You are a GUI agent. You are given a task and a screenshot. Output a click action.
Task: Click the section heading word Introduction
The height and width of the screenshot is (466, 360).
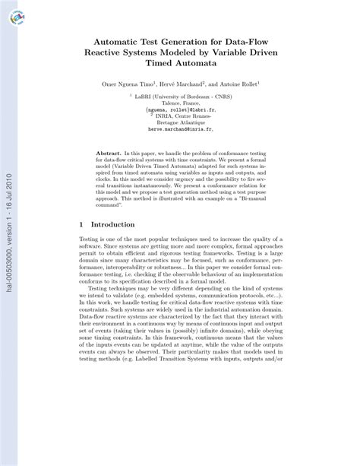click(x=112, y=225)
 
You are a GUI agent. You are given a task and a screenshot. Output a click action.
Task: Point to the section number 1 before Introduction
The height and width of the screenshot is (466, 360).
click(x=81, y=225)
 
